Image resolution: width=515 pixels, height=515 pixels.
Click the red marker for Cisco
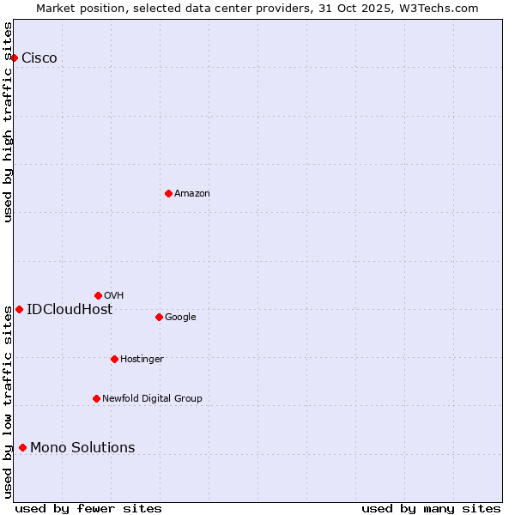click(x=15, y=58)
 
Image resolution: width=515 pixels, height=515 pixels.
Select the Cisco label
click(x=39, y=58)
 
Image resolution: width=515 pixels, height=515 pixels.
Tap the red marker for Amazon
click(x=168, y=193)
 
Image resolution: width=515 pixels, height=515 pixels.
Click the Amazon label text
click(x=192, y=194)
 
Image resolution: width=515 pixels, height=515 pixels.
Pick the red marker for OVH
click(x=98, y=295)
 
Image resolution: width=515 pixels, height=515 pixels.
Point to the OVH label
click(x=114, y=296)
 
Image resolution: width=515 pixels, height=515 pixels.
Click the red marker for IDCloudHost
click(x=19, y=309)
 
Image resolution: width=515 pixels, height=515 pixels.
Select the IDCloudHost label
click(x=70, y=310)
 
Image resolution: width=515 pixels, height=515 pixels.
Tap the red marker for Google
click(x=159, y=317)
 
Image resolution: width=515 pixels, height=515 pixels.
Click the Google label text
click(x=180, y=318)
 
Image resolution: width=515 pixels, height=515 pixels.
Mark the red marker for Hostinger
click(x=114, y=359)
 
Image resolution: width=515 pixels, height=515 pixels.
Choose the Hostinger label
click(x=142, y=360)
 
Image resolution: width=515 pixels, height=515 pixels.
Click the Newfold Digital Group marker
click(x=96, y=398)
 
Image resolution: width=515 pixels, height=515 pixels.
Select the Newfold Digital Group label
click(x=152, y=399)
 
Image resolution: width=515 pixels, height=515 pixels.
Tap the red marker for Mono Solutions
click(x=22, y=447)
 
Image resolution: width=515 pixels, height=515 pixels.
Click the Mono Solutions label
click(x=82, y=448)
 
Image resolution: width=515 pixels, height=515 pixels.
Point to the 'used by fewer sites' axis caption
click(x=88, y=508)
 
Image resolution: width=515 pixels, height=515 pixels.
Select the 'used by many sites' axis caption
click(x=431, y=508)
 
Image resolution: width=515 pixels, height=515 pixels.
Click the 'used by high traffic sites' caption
click(x=9, y=122)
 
